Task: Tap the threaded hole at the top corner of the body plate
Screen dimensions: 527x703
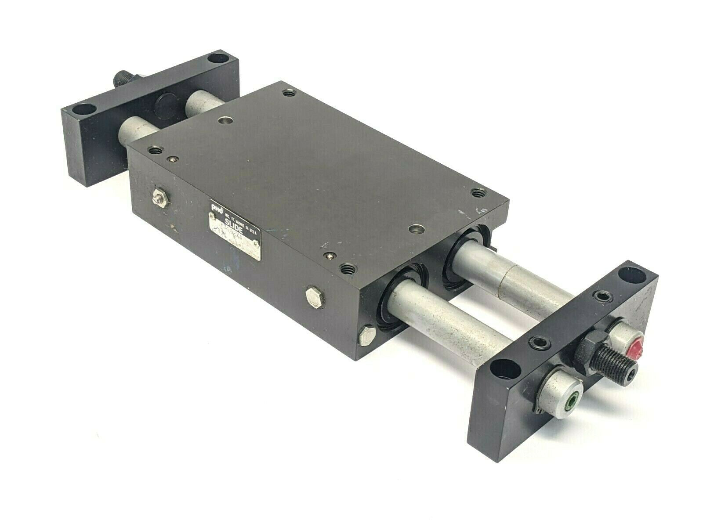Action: pyautogui.click(x=288, y=93)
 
